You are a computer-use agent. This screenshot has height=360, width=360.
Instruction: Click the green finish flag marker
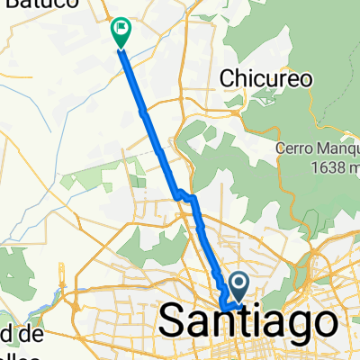pos(119,31)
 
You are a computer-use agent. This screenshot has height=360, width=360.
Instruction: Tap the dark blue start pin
pos(240,286)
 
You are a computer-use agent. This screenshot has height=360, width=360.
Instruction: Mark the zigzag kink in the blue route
pos(184,194)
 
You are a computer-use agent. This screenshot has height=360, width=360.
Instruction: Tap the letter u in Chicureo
pos(274,79)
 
